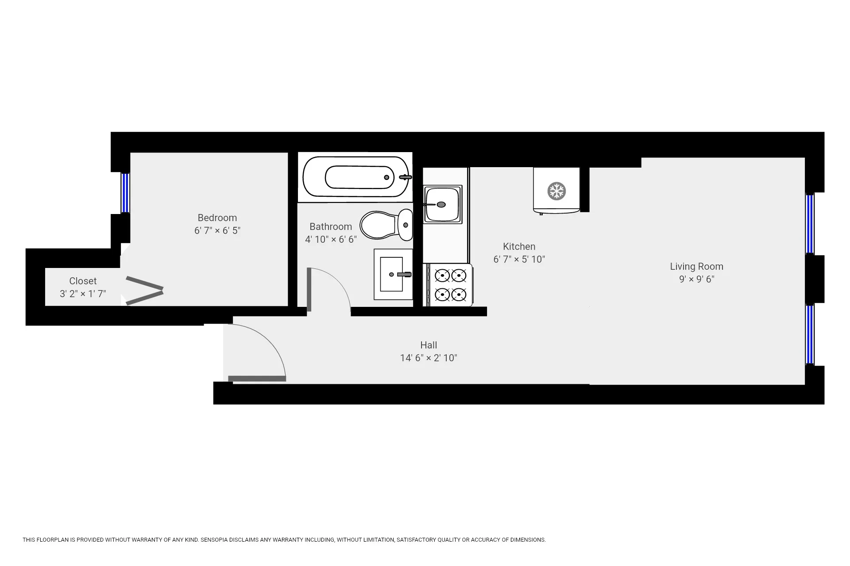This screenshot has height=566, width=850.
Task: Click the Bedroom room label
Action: tap(217, 218)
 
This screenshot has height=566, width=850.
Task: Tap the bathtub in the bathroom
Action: tap(356, 177)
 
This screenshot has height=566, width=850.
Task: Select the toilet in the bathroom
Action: tap(386, 225)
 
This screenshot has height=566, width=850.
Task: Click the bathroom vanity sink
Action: tap(392, 275)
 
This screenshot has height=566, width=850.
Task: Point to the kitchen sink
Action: tap(442, 204)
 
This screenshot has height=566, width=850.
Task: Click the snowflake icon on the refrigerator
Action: tap(556, 191)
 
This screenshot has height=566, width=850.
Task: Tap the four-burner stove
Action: tap(450, 285)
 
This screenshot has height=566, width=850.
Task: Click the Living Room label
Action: tap(696, 267)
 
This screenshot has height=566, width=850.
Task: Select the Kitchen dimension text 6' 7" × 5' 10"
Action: tap(519, 259)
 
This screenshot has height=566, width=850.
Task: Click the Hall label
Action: tap(429, 345)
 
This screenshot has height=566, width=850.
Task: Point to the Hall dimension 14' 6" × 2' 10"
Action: tap(429, 358)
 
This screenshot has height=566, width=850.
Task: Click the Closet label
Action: tap(83, 281)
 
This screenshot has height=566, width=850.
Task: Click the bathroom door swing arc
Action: tap(336, 283)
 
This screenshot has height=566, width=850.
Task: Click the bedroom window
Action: tap(125, 193)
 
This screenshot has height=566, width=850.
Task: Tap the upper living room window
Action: tap(810, 224)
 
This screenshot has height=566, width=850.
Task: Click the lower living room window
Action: tap(810, 335)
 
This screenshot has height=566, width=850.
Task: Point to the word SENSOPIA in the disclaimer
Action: tap(215, 540)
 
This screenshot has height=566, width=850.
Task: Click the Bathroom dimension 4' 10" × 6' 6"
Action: tap(331, 239)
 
